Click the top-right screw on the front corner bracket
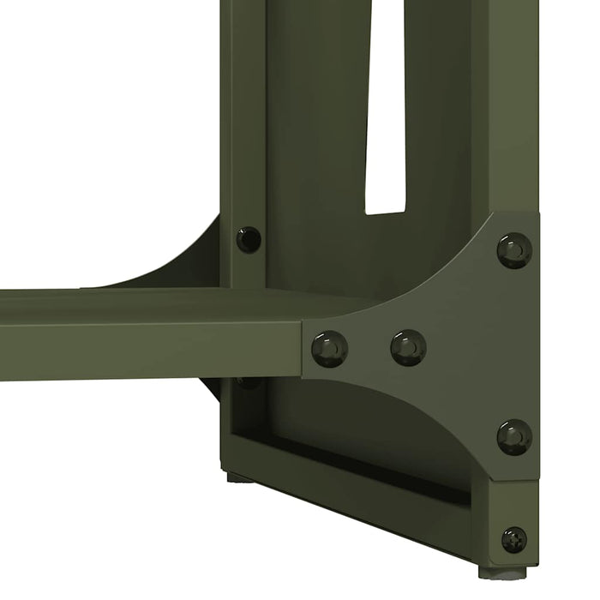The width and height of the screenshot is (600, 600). (514, 250)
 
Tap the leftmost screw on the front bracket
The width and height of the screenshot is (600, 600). (329, 349)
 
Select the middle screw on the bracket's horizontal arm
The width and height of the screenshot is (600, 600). (408, 347)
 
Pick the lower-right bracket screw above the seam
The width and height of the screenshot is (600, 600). (514, 437)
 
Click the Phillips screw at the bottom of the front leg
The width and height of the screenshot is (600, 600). (514, 539)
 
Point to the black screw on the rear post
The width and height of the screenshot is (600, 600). (249, 239)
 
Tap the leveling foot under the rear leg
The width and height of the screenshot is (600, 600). (240, 476)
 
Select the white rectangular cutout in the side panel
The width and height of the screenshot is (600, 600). (384, 111)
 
